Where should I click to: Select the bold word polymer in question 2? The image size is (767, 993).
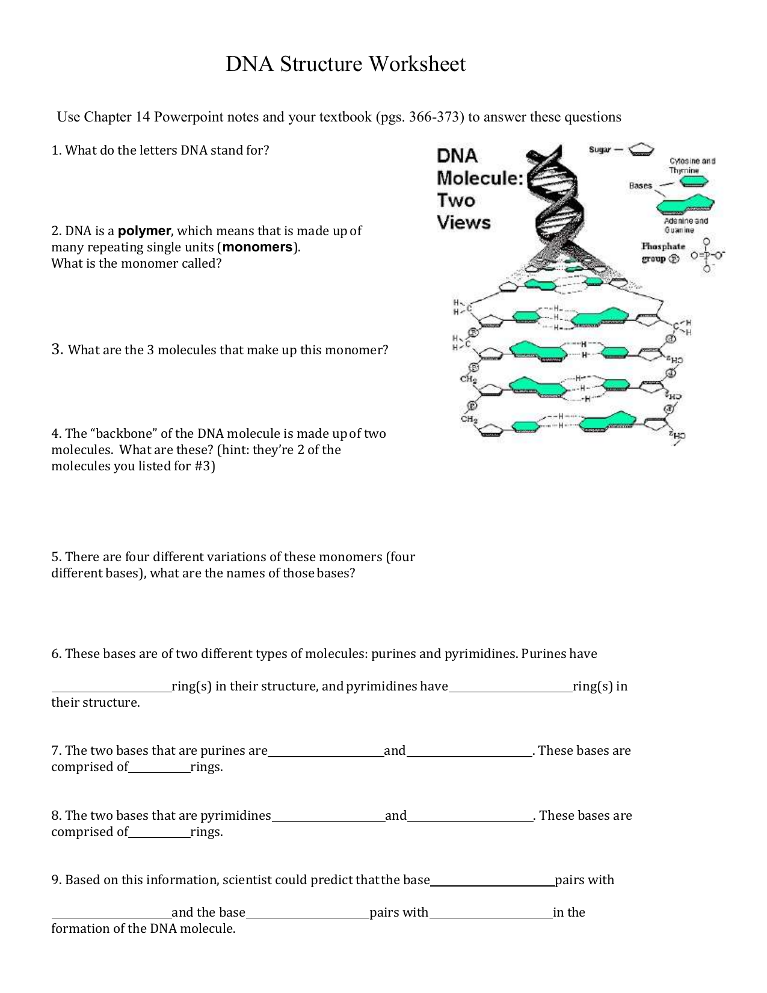click(144, 230)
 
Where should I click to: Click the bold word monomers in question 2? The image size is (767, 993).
click(257, 247)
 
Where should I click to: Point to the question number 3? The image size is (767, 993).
click(57, 349)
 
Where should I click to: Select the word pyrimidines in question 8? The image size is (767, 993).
click(235, 815)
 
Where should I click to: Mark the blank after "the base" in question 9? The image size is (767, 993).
click(492, 884)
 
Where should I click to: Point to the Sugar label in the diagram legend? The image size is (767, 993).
click(599, 149)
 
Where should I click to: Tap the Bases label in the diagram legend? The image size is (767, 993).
click(640, 185)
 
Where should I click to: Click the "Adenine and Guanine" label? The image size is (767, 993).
click(686, 225)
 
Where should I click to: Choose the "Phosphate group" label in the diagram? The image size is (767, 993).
click(663, 253)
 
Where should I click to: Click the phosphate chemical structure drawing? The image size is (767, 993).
click(707, 255)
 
